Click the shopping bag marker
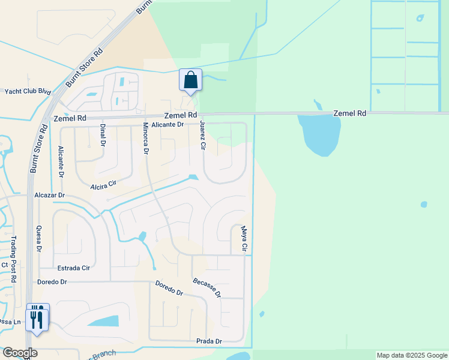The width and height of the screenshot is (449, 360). click(x=190, y=80)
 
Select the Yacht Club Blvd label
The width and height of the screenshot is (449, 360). click(x=28, y=91)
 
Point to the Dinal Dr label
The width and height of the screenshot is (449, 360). click(x=103, y=135)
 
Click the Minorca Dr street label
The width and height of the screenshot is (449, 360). click(x=145, y=139)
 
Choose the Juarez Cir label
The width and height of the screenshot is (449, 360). click(x=203, y=136)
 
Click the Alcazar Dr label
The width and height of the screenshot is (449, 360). click(x=49, y=196)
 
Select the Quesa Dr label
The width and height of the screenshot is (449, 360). click(x=40, y=238)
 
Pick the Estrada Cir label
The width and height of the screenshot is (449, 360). click(x=73, y=268)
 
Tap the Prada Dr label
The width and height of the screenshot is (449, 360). click(x=209, y=341)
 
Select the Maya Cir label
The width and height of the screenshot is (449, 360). click(x=244, y=238)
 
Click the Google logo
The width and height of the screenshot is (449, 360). click(x=20, y=353)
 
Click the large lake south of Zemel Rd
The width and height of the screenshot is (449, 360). click(x=319, y=133)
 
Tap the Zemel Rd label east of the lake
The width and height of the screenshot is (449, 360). click(x=350, y=113)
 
